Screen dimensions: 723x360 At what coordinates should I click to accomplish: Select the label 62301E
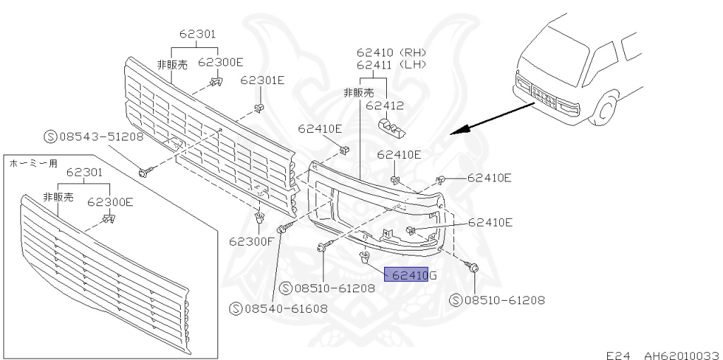click(x=263, y=80)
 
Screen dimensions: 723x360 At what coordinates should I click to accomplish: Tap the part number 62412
click(x=385, y=106)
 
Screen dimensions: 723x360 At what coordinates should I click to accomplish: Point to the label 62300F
click(x=252, y=241)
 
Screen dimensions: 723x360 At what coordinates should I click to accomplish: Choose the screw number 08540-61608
click(x=278, y=308)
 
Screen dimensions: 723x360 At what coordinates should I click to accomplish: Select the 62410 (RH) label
click(x=391, y=52)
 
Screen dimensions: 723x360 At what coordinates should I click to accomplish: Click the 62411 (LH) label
click(x=391, y=64)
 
